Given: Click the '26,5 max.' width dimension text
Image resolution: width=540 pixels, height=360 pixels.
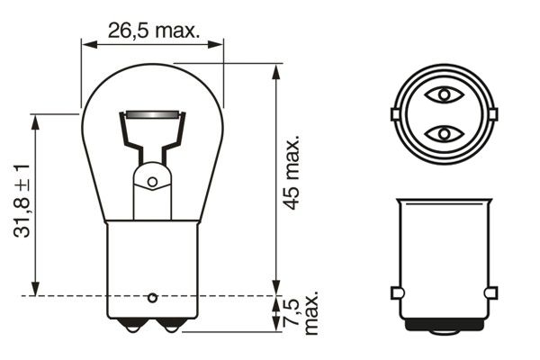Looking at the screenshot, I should [152, 30].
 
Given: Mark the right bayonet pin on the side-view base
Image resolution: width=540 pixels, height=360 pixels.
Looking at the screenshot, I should [490, 292].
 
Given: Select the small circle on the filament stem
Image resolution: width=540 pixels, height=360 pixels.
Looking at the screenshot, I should [152, 182].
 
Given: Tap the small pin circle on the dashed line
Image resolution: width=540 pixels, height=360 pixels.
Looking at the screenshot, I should [152, 295].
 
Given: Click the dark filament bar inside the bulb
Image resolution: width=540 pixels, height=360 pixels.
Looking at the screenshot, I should [152, 114].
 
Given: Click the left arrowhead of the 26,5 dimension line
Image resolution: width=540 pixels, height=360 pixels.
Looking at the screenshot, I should [86, 44].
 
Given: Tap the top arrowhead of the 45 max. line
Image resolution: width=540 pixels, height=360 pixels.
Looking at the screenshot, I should [274, 68].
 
